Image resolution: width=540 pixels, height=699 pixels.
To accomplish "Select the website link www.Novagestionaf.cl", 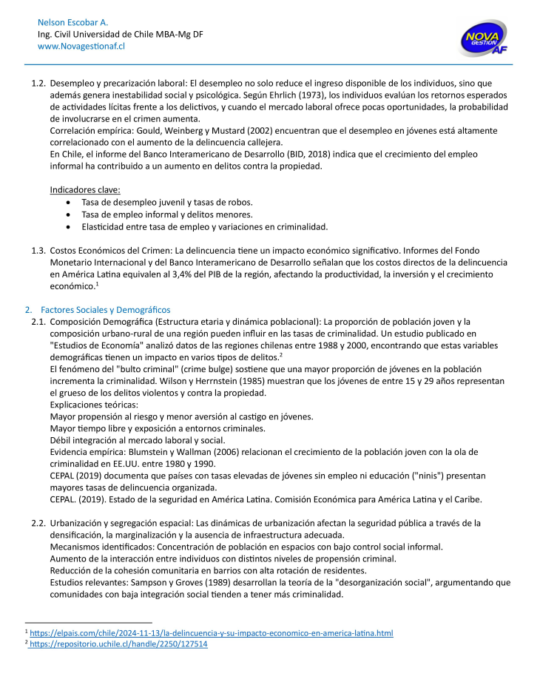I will (81, 46).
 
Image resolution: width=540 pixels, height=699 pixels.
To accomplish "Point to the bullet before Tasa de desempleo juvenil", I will (69, 202).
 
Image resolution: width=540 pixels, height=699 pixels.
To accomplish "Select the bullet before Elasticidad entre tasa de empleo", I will (69, 226).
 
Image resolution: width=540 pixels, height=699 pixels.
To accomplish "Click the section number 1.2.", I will (38, 83).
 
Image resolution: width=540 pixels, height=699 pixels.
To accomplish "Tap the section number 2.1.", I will (38, 321).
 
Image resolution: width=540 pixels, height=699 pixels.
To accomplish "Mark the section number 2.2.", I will (38, 523).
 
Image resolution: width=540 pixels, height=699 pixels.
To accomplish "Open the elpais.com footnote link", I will (212, 633).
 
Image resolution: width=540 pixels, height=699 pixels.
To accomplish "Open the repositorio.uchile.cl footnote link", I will (119, 644).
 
